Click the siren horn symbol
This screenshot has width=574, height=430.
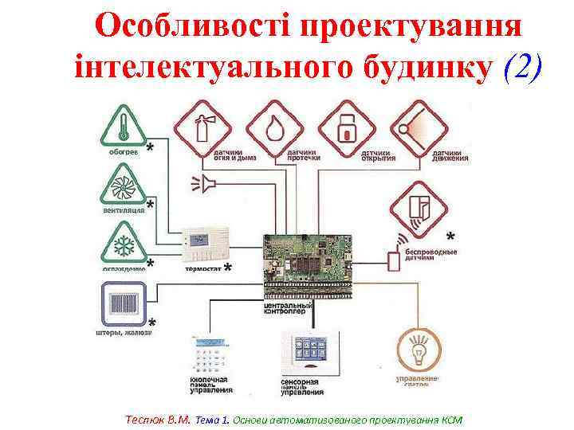tap(206, 185)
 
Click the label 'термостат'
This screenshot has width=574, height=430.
tap(202, 269)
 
